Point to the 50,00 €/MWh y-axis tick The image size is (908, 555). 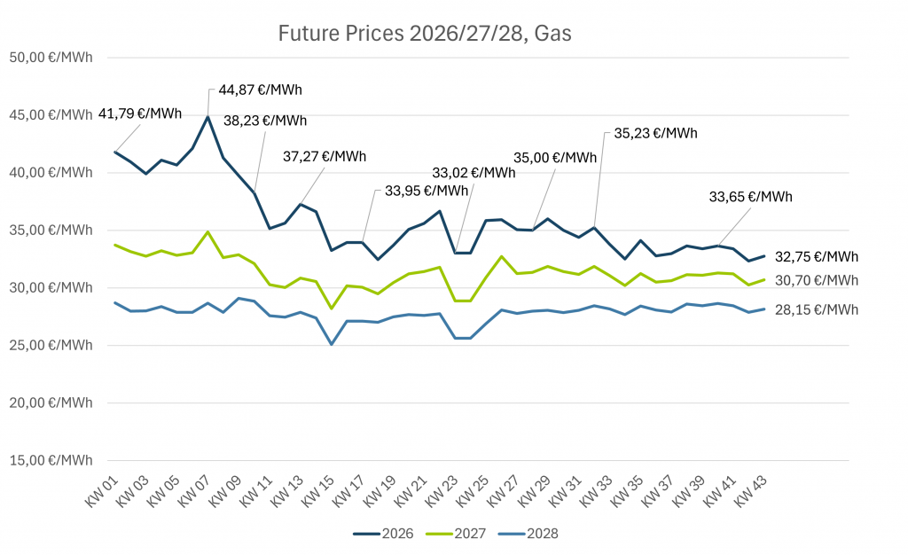pos(51,58)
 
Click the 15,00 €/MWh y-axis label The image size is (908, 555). pos(51,460)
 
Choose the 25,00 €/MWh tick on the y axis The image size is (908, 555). pos(51,345)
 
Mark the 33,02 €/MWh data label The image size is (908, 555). pos(474,173)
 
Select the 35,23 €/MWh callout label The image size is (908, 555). pos(656,133)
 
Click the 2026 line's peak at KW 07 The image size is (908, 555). pos(207,117)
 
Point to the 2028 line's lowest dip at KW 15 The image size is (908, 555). pos(331,344)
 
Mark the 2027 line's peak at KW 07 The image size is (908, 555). pos(207,231)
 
